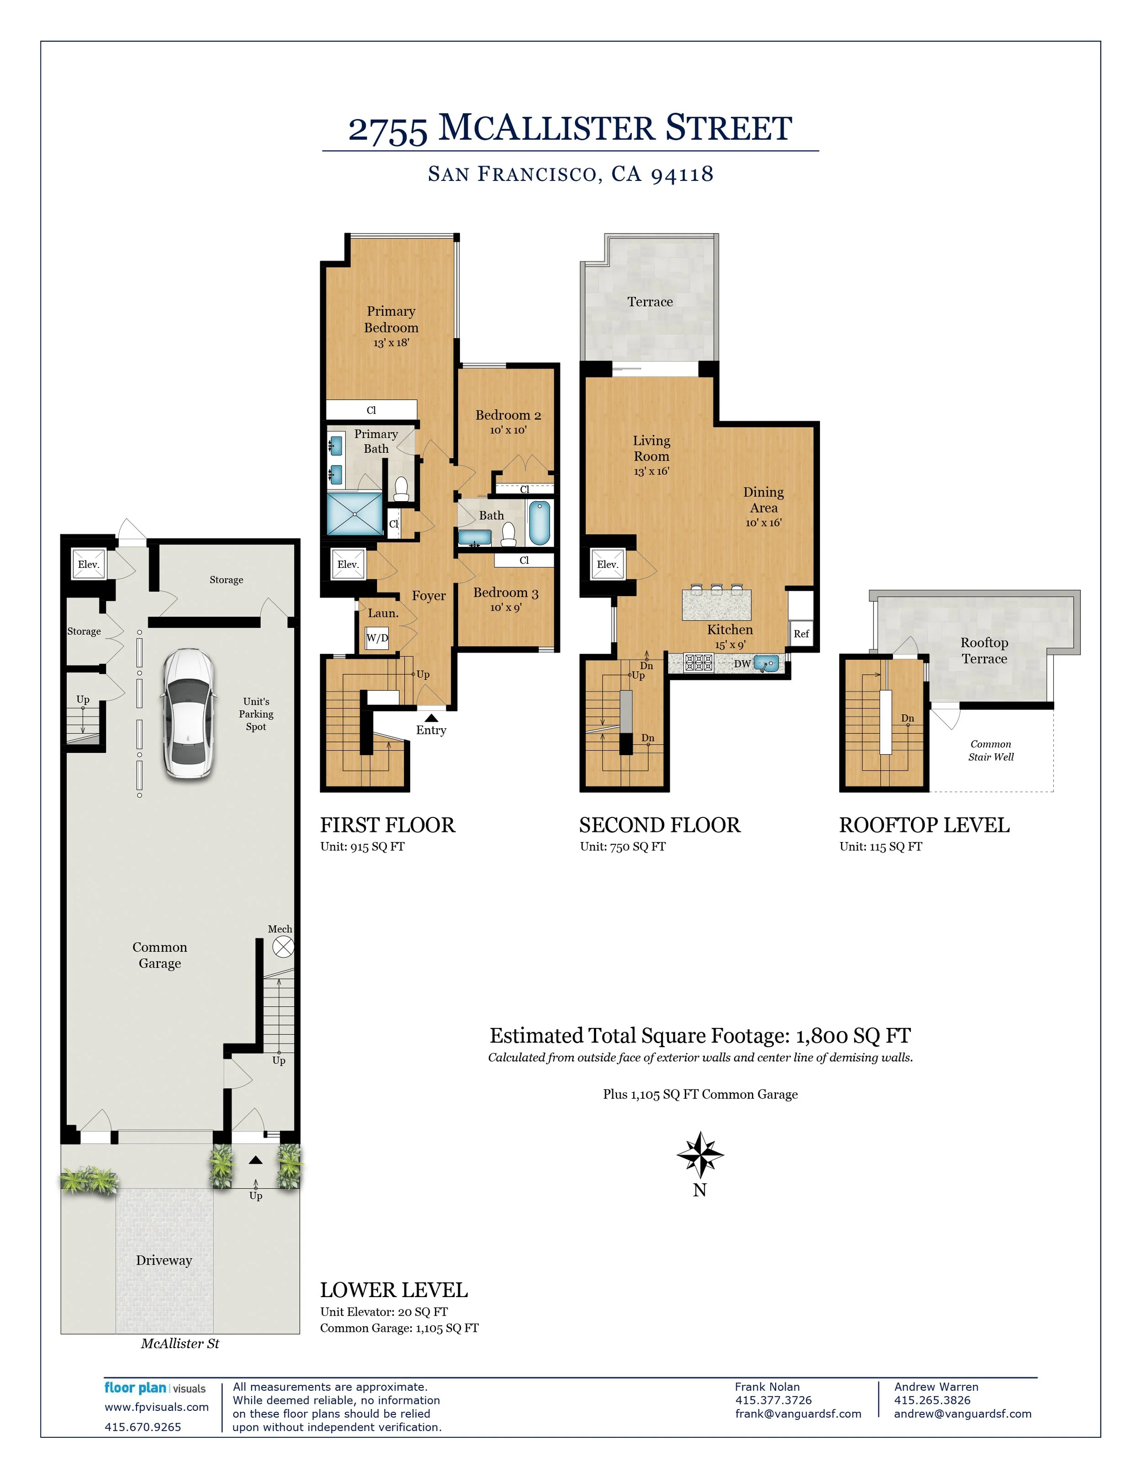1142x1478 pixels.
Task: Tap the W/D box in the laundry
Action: (377, 637)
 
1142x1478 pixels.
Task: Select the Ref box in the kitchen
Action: (801, 633)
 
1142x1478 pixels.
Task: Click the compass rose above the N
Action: (700, 1155)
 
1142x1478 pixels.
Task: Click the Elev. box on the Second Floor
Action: (608, 564)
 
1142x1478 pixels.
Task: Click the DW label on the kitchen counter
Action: (742, 664)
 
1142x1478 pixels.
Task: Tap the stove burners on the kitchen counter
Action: (698, 662)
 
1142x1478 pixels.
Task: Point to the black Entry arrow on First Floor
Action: (431, 717)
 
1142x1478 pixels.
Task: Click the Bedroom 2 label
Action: (508, 415)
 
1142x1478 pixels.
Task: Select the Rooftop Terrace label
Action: (984, 650)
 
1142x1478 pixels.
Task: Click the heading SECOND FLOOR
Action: (660, 825)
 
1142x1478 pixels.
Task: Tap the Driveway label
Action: (164, 1260)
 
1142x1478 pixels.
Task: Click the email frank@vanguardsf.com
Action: (798, 1414)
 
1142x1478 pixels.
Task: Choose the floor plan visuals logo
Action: (155, 1388)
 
